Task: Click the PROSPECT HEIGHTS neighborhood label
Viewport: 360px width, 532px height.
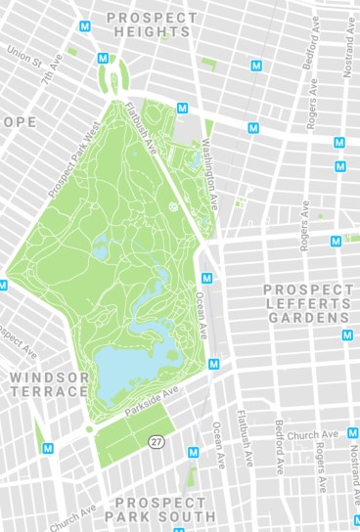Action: point(152,24)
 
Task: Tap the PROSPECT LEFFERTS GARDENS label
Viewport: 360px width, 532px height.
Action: point(308,303)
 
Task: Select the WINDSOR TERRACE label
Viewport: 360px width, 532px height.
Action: point(49,383)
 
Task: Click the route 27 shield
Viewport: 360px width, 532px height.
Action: point(157,442)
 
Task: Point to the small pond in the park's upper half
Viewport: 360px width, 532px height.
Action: point(100,250)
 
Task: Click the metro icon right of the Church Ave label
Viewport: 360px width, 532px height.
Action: point(353,433)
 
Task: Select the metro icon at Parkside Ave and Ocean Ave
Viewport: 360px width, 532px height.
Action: point(214,364)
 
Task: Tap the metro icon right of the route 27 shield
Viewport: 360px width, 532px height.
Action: point(194,453)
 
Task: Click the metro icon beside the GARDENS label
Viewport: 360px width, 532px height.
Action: point(347,335)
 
